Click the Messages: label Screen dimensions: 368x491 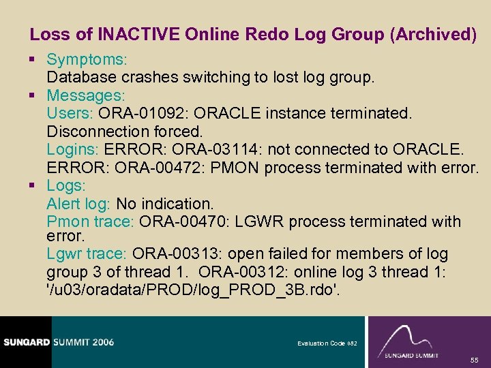click(85, 95)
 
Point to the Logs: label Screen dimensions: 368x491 click(66, 185)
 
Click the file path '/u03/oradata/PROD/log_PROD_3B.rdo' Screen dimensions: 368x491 click(192, 290)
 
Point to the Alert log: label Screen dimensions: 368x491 click(78, 204)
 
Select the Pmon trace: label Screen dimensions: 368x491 click(91, 221)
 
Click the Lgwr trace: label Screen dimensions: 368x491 click(87, 254)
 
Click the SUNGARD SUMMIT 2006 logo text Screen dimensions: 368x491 click(57, 342)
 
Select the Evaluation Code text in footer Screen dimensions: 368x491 click(321, 343)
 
